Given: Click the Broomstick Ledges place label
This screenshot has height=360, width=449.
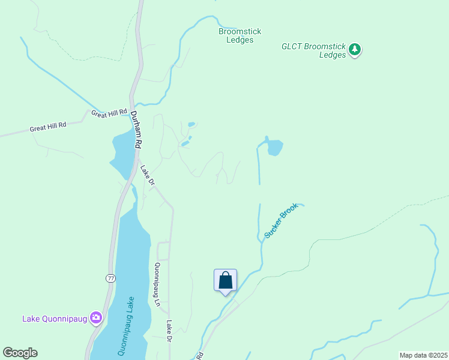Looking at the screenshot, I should tap(240, 36).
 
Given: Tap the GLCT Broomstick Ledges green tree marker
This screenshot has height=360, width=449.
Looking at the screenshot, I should tap(355, 49).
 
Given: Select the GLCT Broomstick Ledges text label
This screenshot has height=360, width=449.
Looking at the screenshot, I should tap(315, 50).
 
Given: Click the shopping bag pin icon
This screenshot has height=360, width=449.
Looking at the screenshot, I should tap(225, 280).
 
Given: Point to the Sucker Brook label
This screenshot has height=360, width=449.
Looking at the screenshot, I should tap(281, 221).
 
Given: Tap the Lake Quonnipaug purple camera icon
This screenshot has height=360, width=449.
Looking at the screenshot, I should tap(95, 317).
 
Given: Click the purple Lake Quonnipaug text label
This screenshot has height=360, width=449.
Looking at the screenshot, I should tap(55, 319).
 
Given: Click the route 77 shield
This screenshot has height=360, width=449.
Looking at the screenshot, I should tap(110, 278).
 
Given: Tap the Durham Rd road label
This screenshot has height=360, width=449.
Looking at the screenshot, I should tap(136, 130).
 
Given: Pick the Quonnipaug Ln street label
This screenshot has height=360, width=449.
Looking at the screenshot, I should tap(158, 284).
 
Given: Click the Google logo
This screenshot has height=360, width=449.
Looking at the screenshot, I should tap(20, 353).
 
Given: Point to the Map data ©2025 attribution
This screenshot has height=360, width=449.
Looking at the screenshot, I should tap(423, 355).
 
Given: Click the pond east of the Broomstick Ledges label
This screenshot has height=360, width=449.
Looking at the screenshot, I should tap(274, 147).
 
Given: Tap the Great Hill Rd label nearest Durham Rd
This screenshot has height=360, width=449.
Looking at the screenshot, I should tap(109, 113).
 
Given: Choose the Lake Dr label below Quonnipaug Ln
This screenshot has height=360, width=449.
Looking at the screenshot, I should tap(170, 332).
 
